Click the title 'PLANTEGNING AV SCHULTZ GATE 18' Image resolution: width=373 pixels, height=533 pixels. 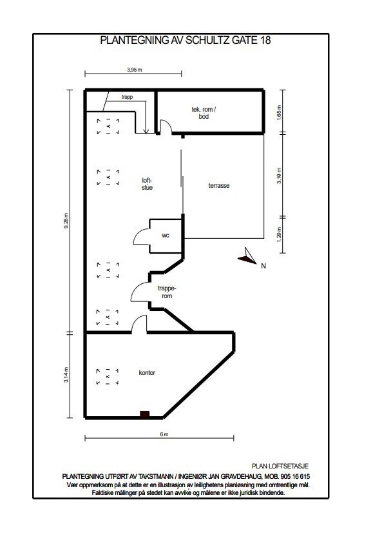click(x=186, y=40)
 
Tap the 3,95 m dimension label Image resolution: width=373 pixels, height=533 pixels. click(x=134, y=69)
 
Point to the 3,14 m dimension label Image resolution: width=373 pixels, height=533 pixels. click(x=66, y=375)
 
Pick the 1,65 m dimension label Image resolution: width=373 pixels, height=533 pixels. click(x=279, y=114)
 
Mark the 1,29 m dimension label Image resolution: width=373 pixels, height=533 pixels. click(x=279, y=233)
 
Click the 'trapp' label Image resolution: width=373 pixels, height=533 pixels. click(x=127, y=98)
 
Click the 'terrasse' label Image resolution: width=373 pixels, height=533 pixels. click(x=219, y=185)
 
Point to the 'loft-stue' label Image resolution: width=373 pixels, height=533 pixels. click(x=148, y=183)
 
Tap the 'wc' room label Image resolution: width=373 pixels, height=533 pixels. click(x=166, y=236)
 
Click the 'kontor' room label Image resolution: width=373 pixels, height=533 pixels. click(x=147, y=372)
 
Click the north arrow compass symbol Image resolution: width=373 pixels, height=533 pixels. click(x=246, y=257)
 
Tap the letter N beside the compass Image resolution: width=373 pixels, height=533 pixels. click(x=263, y=264)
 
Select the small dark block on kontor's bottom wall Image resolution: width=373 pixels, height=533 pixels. click(x=146, y=414)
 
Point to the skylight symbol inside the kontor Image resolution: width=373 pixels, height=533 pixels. click(x=108, y=376)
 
